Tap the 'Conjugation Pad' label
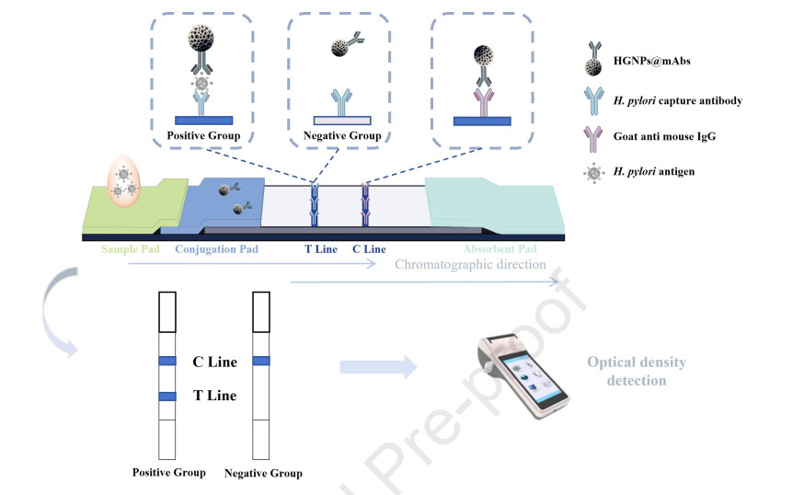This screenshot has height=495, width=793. pyautogui.click(x=216, y=249)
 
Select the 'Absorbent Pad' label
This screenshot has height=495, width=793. pyautogui.click(x=499, y=249)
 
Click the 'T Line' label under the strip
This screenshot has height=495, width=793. pyautogui.click(x=321, y=249)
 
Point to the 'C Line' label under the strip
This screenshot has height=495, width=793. pyautogui.click(x=369, y=249)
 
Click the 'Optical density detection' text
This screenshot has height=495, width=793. pyautogui.click(x=637, y=371)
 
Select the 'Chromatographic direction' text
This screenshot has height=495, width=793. pyautogui.click(x=470, y=264)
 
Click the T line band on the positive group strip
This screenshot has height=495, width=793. pyautogui.click(x=167, y=397)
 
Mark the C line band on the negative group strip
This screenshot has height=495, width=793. pyautogui.click(x=260, y=361)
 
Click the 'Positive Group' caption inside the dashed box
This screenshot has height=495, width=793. pyautogui.click(x=203, y=134)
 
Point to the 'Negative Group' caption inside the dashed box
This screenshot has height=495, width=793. pyautogui.click(x=342, y=135)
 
